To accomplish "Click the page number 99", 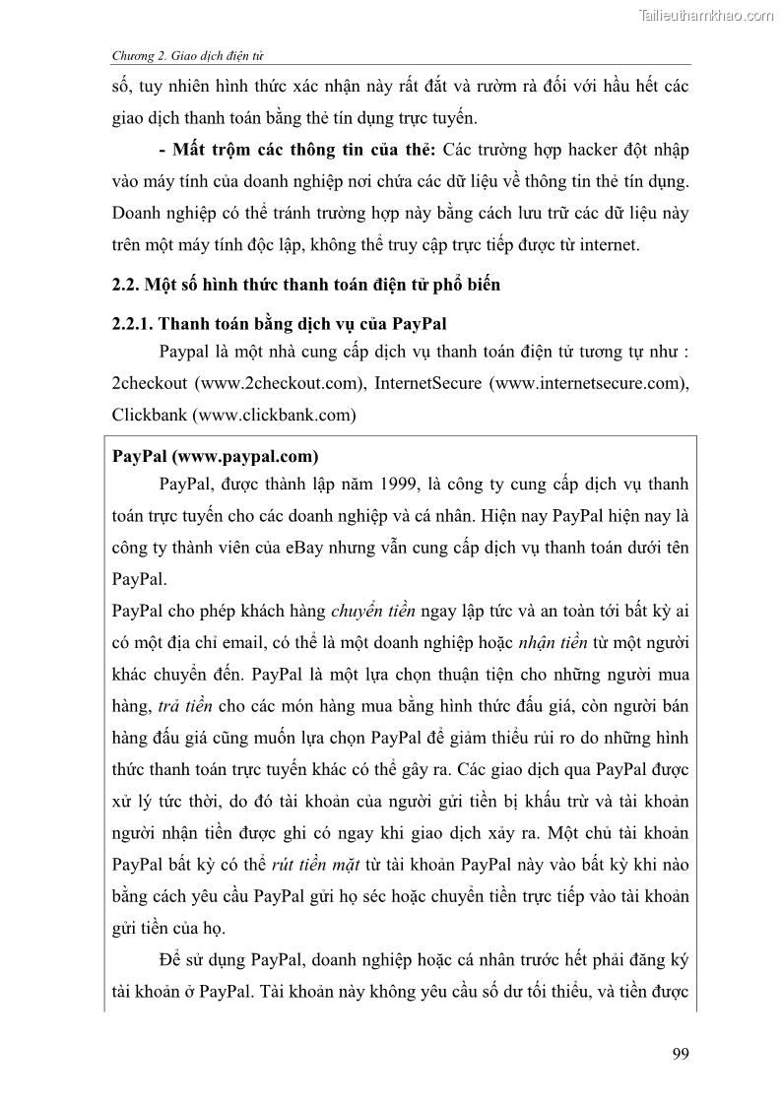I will point(679,1054).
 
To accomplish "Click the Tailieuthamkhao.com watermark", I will point(705,14).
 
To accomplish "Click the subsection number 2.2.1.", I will point(134,323).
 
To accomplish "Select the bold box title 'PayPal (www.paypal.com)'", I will point(215,456).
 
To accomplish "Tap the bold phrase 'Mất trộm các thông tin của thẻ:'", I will point(304,150).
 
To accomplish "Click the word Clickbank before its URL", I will point(151,415).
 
